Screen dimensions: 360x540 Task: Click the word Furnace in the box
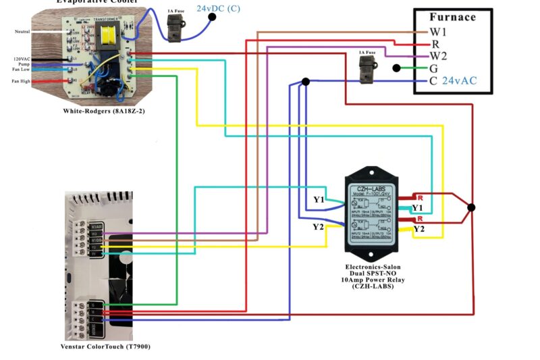point(452,17)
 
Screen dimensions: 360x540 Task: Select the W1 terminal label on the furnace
point(439,32)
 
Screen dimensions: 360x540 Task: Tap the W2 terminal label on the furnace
point(439,56)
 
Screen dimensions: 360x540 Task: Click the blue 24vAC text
point(460,80)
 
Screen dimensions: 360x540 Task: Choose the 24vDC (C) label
point(218,8)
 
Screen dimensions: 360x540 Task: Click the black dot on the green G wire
point(397,68)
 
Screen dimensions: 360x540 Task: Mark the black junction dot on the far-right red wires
point(471,207)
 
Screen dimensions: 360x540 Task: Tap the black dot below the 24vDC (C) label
point(212,17)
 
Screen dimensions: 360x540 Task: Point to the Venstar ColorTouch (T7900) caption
point(105,346)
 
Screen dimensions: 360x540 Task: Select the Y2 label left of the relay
point(318,226)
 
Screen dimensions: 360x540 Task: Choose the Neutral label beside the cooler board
point(22,32)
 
